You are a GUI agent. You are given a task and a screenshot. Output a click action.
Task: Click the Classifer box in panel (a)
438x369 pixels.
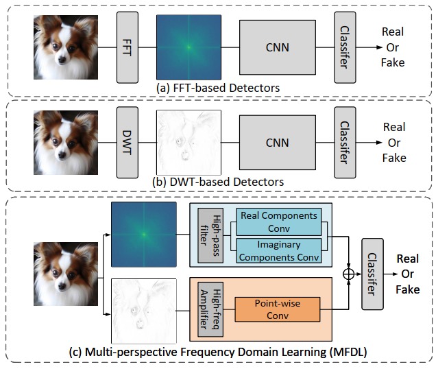pos(346,47)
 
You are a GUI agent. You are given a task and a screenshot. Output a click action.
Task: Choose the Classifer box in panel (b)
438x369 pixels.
pos(346,142)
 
